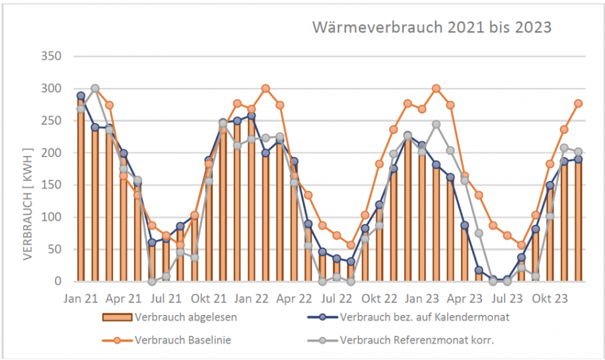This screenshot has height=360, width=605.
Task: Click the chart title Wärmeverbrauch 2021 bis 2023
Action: point(431,28)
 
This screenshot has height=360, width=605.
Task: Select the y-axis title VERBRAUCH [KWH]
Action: point(28,199)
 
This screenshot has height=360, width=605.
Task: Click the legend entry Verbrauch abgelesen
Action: point(184,316)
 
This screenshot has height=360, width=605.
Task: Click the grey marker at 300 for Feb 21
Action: point(95,89)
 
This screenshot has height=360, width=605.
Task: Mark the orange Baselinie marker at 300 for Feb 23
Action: point(436,89)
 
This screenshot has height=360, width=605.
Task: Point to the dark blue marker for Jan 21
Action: point(81,96)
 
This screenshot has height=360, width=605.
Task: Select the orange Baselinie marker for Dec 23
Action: point(579,104)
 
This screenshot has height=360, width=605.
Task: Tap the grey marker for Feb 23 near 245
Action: point(436,124)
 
